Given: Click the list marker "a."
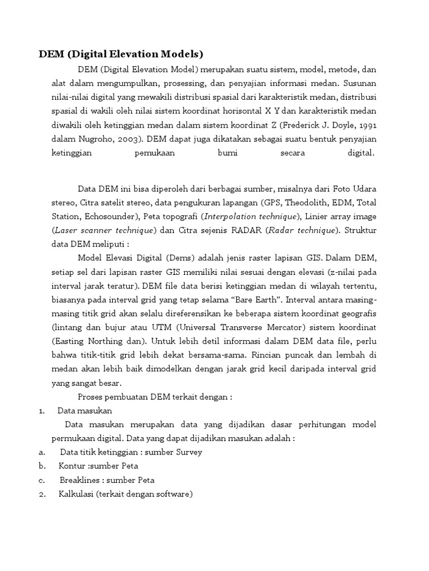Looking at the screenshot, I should (x=42, y=452).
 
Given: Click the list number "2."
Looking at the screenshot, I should (x=42, y=494).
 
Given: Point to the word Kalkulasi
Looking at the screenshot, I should (x=75, y=494).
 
